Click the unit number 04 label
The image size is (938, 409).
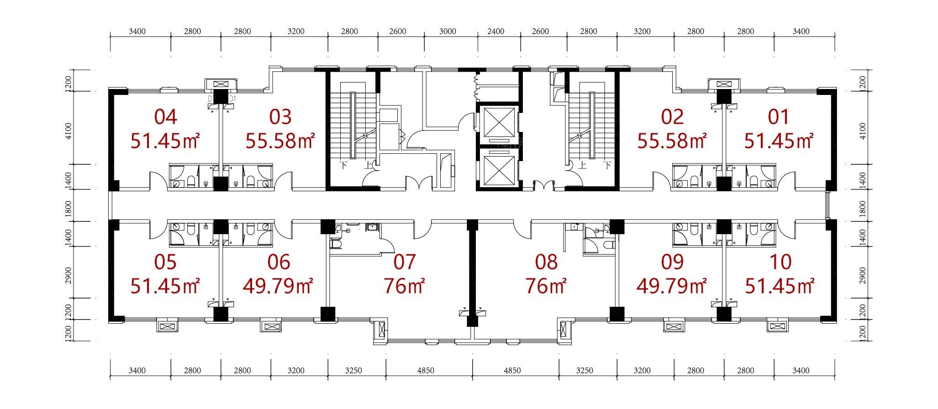pyautogui.click(x=165, y=117)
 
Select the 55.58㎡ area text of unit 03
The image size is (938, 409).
pyautogui.click(x=280, y=141)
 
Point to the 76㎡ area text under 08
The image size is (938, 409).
pyautogui.click(x=546, y=286)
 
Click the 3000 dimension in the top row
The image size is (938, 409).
pyautogui.click(x=448, y=31)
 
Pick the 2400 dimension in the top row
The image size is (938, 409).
pyautogui.click(x=496, y=31)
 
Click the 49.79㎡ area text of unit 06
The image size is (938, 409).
pyautogui.click(x=278, y=286)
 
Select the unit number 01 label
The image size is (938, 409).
pyautogui.click(x=779, y=117)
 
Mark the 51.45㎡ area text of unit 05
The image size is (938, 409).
pyautogui.click(x=165, y=286)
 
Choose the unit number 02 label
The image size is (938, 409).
pyautogui.click(x=673, y=117)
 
